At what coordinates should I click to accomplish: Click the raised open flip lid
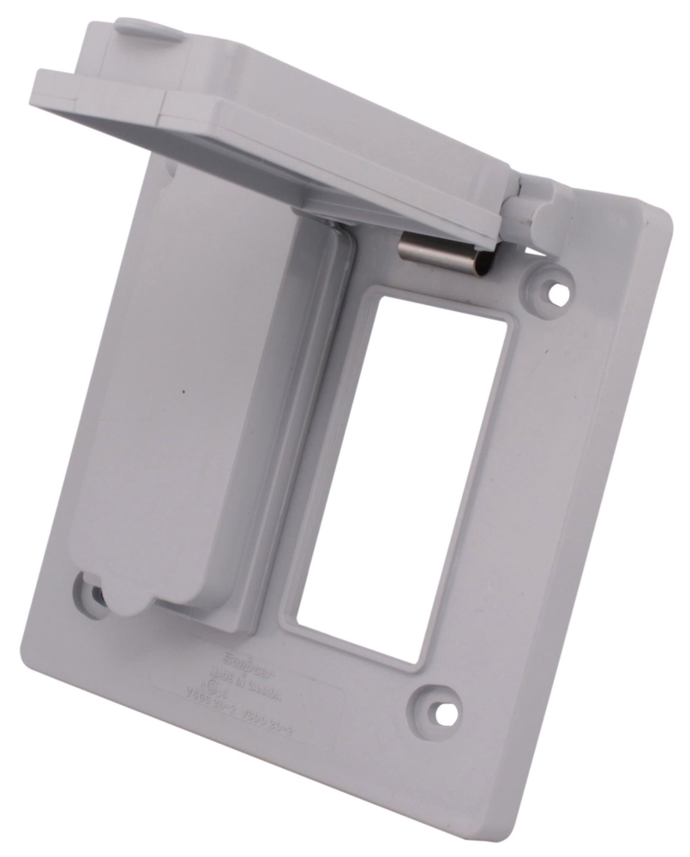[x=283, y=129]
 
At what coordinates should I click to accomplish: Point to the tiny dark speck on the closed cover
[x=183, y=393]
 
